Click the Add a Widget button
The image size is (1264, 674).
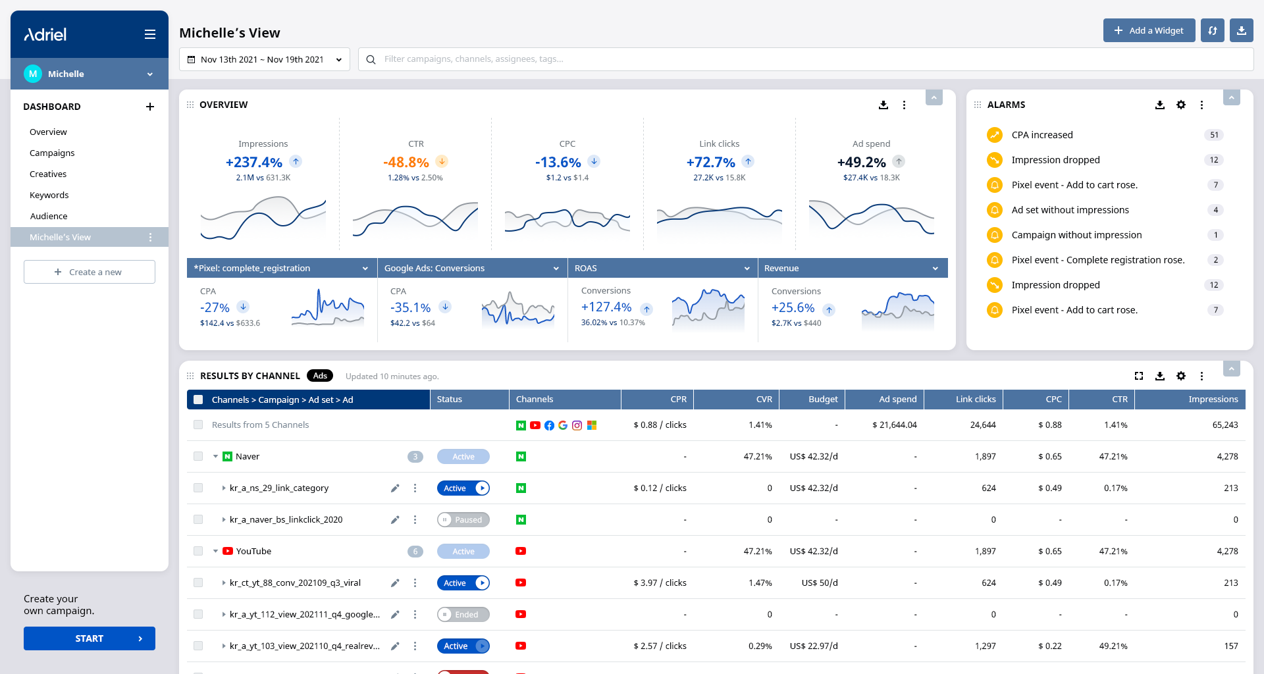pos(1149,30)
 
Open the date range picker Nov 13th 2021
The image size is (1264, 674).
pos(264,59)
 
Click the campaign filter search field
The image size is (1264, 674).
pos(806,59)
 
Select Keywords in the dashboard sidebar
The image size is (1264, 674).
pos(49,195)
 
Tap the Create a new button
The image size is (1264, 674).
pos(90,272)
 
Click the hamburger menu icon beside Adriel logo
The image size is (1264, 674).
pos(150,34)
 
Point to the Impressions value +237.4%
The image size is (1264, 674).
pos(254,162)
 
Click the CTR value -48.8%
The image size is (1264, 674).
pos(406,162)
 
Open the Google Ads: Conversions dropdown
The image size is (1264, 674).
pos(472,268)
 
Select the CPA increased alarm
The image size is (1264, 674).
pos(1042,135)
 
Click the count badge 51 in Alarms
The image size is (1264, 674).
pos(1214,135)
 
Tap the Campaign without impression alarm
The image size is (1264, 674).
pos(1076,235)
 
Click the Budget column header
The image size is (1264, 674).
pos(823,399)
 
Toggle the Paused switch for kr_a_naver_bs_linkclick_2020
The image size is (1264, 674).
pos(463,520)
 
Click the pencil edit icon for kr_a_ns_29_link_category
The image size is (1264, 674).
pos(395,488)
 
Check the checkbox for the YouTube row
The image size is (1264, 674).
pos(198,551)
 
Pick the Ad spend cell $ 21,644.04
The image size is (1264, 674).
pos(895,425)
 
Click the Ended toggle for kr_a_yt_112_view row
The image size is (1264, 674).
pos(463,615)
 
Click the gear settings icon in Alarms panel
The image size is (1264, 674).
pos(1181,105)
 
